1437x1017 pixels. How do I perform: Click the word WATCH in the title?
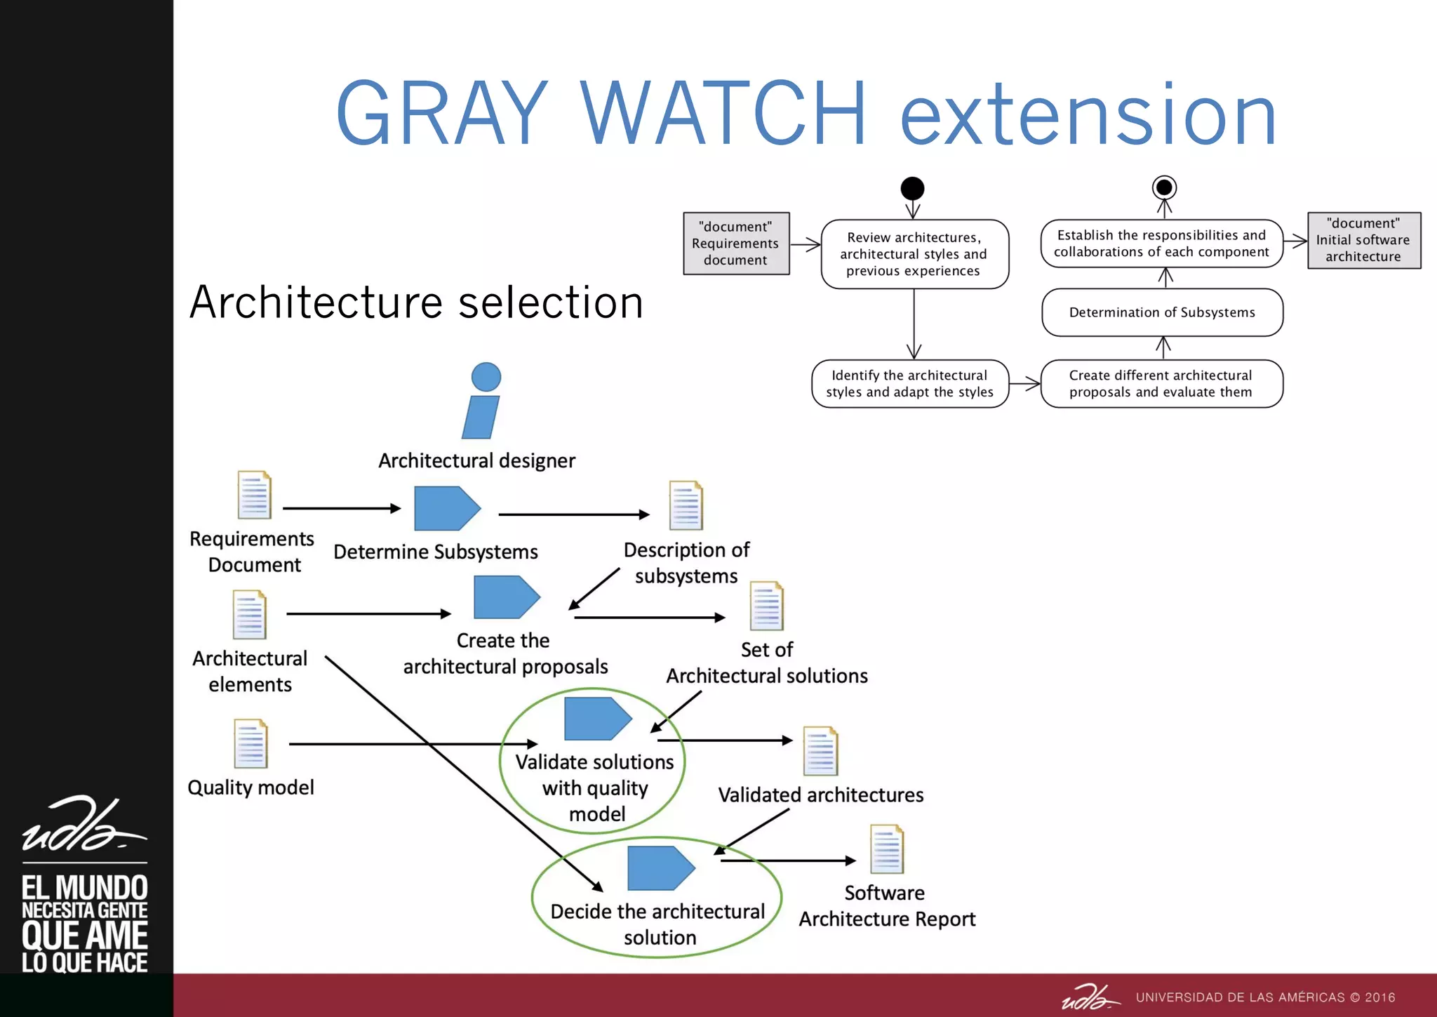pyautogui.click(x=723, y=114)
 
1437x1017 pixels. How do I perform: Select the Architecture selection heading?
pyautogui.click(x=416, y=303)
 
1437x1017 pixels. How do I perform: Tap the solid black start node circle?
pyautogui.click(x=912, y=188)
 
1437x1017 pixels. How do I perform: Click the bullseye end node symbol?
pyautogui.click(x=1164, y=187)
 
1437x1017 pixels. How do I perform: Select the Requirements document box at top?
pyautogui.click(x=736, y=244)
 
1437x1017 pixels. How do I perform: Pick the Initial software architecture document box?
pyautogui.click(x=1363, y=240)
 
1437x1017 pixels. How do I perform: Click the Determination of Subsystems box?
pyautogui.click(x=1162, y=312)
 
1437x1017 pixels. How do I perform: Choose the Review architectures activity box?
pyautogui.click(x=914, y=254)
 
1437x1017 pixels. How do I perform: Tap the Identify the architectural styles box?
pyautogui.click(x=910, y=384)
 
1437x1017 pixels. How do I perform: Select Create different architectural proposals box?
pyautogui.click(x=1161, y=384)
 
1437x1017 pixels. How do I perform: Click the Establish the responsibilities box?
pyautogui.click(x=1161, y=244)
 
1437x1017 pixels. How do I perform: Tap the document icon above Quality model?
pyautogui.click(x=250, y=744)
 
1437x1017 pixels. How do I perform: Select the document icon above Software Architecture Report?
pyautogui.click(x=887, y=849)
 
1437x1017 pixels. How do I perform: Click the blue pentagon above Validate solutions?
pyautogui.click(x=597, y=719)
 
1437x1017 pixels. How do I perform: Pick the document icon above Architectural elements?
pyautogui.click(x=249, y=615)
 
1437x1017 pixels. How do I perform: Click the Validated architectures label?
pyautogui.click(x=820, y=795)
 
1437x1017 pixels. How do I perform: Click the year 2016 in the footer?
pyautogui.click(x=1379, y=997)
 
